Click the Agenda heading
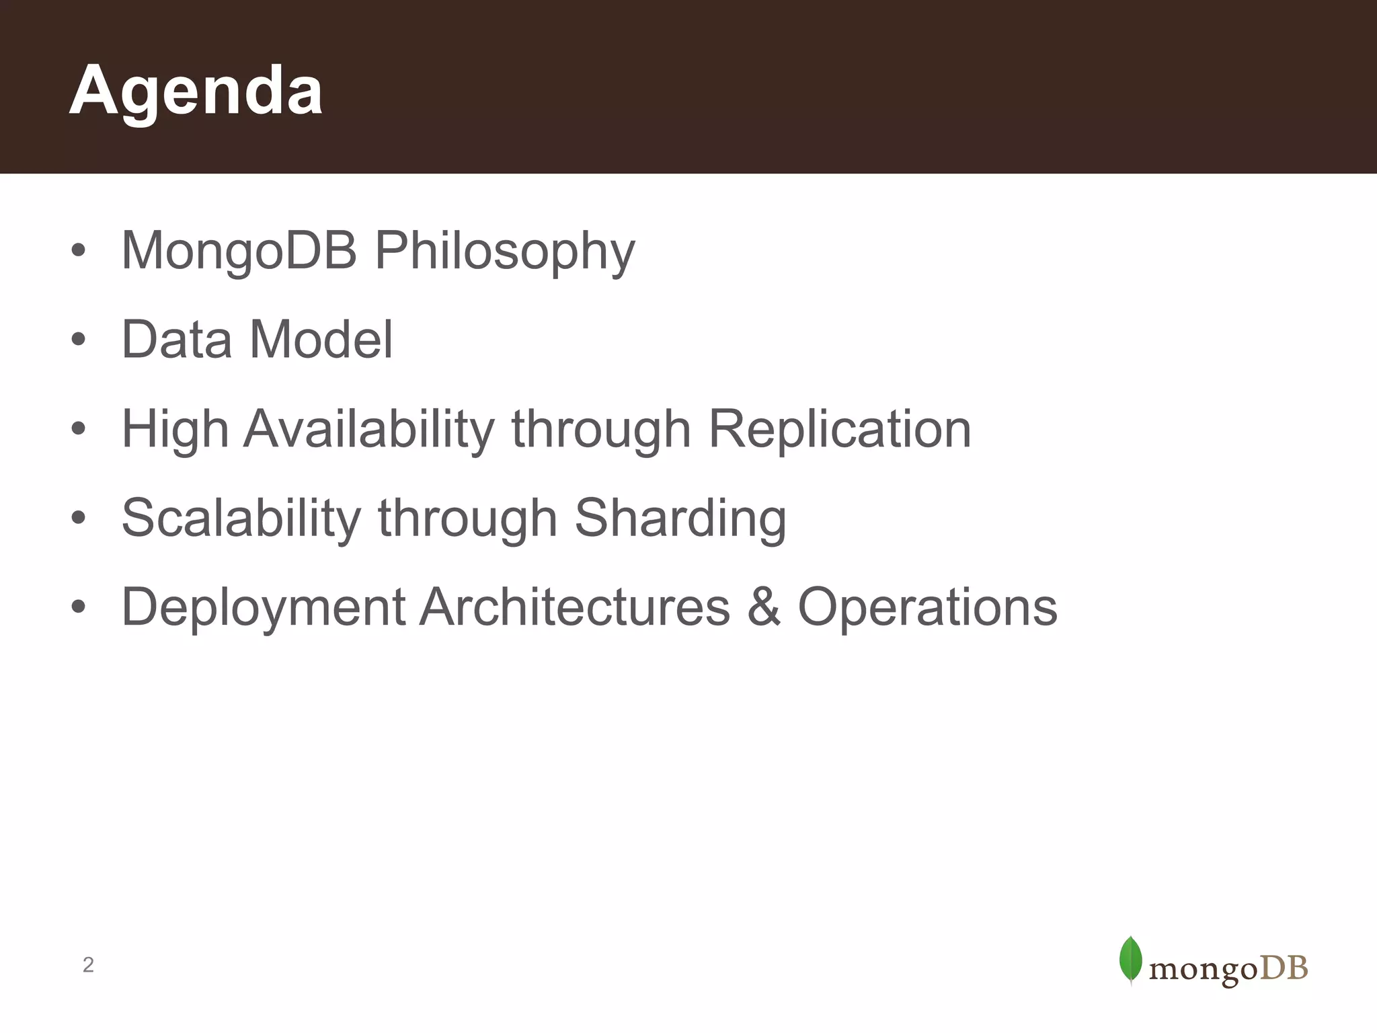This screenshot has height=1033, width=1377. (x=196, y=91)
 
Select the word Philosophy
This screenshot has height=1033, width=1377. (x=504, y=252)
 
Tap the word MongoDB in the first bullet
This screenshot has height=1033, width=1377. (x=239, y=252)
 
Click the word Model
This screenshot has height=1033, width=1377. (x=321, y=340)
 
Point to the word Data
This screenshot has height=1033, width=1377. (x=176, y=340)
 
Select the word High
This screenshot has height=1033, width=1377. (x=175, y=430)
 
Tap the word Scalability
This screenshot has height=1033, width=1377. (x=241, y=519)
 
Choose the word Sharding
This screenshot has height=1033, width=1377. (x=680, y=519)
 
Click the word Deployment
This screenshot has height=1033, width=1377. (x=263, y=608)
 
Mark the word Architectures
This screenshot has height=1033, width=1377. (x=575, y=607)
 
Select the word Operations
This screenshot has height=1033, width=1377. (x=927, y=607)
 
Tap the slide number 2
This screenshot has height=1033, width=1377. (x=88, y=965)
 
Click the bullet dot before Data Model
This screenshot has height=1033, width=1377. (x=79, y=340)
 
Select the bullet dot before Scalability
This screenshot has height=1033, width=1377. (x=79, y=519)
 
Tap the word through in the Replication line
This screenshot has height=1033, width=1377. (x=601, y=430)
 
